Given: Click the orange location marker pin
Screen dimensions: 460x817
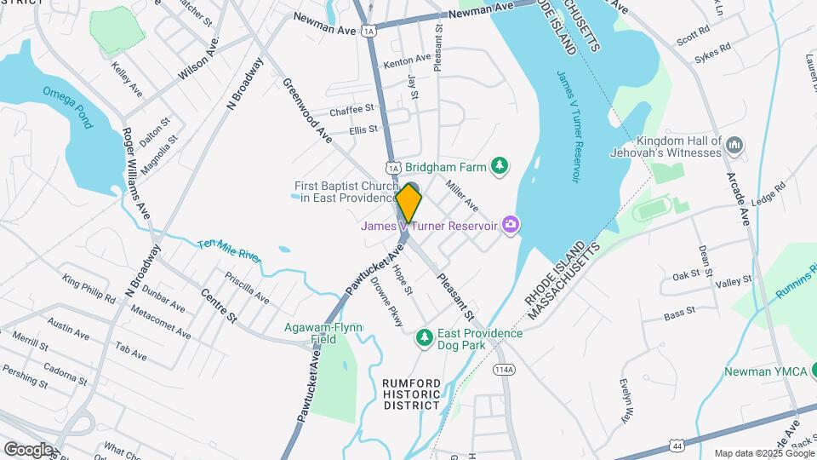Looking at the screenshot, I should (409, 203).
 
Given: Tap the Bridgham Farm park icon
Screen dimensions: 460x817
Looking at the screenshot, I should (502, 164).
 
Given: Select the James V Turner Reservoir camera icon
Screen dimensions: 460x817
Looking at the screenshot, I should (511, 225).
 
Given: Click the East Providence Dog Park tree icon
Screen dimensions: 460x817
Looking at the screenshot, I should (424, 338).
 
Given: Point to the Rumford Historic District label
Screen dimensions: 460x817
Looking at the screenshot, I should (412, 394).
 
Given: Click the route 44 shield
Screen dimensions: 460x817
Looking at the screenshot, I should (677, 446).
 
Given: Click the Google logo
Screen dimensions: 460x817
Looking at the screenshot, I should (27, 449).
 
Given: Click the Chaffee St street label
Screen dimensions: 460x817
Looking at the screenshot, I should (351, 110).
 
